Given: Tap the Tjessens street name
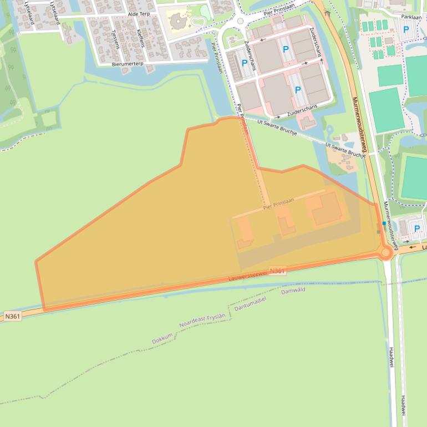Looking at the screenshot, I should (x=115, y=38).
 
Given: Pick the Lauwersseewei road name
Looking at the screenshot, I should (x=248, y=274).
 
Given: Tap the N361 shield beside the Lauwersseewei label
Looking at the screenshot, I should (x=277, y=271).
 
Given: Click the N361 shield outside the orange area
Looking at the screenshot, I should (x=12, y=316).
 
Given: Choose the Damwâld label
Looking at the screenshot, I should (x=293, y=290).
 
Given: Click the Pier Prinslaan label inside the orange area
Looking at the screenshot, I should (x=278, y=205).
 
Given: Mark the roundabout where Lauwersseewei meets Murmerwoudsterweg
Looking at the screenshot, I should (x=386, y=252).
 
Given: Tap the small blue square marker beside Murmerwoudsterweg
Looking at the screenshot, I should (x=383, y=223).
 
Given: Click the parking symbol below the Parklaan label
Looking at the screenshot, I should (x=406, y=29).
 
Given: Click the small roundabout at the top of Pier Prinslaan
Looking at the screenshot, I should (x=240, y=21).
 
